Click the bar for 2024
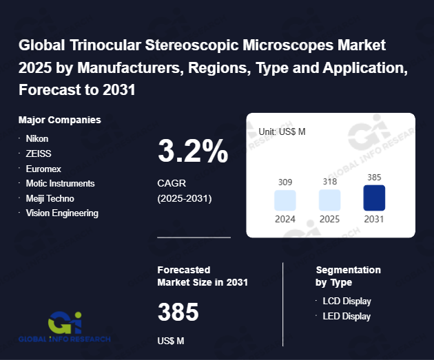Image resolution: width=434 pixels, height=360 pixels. (x=285, y=200)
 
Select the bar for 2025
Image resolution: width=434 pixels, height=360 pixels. (x=329, y=200)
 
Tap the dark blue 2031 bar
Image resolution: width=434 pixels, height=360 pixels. (x=374, y=198)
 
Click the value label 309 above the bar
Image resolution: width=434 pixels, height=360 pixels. (x=285, y=182)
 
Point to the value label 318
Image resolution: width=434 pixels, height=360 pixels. (x=329, y=182)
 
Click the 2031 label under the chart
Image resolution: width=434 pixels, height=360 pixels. (x=374, y=219)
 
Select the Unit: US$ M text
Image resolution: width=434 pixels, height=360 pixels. (x=282, y=131)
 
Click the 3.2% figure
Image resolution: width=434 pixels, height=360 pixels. (x=193, y=151)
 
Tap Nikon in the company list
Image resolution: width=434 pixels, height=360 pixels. (x=37, y=138)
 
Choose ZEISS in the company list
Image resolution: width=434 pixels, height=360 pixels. (x=39, y=153)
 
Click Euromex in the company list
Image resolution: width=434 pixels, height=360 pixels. (x=43, y=169)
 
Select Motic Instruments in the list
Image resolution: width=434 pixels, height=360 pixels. (x=60, y=184)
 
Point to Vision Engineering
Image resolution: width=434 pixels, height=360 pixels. (x=62, y=213)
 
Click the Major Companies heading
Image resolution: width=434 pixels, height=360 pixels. (x=60, y=120)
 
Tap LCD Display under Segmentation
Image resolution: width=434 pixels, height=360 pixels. (x=347, y=301)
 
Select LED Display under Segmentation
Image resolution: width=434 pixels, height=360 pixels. (x=347, y=317)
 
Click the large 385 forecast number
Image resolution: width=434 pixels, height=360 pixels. (x=178, y=313)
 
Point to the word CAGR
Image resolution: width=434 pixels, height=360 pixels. (x=172, y=184)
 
